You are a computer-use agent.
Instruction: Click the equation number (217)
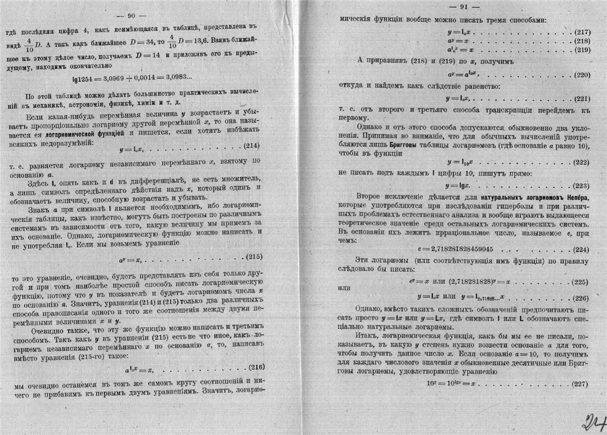coord(581,32)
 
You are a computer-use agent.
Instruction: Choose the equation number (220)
coord(581,73)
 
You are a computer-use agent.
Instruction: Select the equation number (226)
coord(581,297)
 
